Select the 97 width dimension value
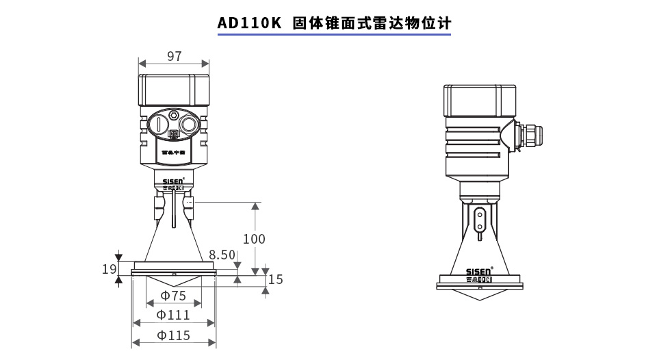tap(174, 56)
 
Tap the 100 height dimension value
tap(254, 239)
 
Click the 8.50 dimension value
tap(222, 255)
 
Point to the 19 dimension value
tap(109, 269)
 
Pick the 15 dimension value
tap(275, 279)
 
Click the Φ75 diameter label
tap(173, 296)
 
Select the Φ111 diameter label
tap(173, 315)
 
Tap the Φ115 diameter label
tap(173, 335)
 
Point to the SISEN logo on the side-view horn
tap(479, 272)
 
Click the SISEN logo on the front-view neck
tap(173, 182)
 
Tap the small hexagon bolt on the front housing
tap(173, 115)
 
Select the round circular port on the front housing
tap(188, 125)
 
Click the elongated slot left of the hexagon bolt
tap(158, 125)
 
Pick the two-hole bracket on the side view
tap(480, 220)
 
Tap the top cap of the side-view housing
tap(480, 101)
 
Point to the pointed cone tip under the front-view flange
tap(174, 285)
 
